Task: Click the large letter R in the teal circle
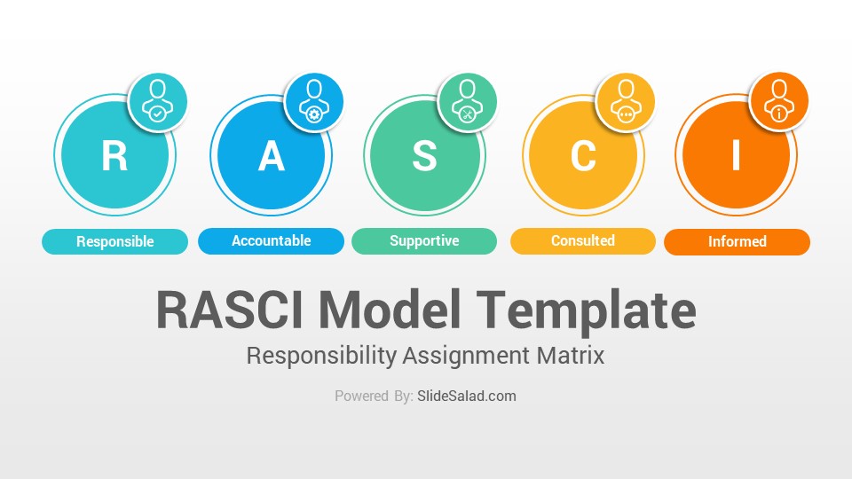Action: click(x=114, y=156)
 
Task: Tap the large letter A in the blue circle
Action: click(x=272, y=156)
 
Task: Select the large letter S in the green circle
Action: click(x=424, y=156)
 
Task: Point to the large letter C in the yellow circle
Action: click(x=583, y=156)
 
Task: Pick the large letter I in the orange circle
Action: click(x=737, y=156)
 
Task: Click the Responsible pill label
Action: click(x=115, y=241)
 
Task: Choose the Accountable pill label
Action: click(x=272, y=241)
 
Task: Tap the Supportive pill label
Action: click(x=424, y=241)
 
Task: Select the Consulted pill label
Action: click(x=583, y=241)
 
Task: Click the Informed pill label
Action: click(x=738, y=241)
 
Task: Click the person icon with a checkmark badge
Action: click(x=158, y=101)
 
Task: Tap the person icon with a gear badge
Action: click(x=313, y=101)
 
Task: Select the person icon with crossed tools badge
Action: click(x=468, y=101)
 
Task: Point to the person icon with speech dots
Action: click(x=626, y=101)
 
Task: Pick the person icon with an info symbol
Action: click(x=779, y=101)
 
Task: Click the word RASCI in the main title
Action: click(x=230, y=310)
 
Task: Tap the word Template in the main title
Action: click(x=587, y=311)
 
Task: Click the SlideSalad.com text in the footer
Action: click(x=467, y=396)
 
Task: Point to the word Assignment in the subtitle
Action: click(x=466, y=357)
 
